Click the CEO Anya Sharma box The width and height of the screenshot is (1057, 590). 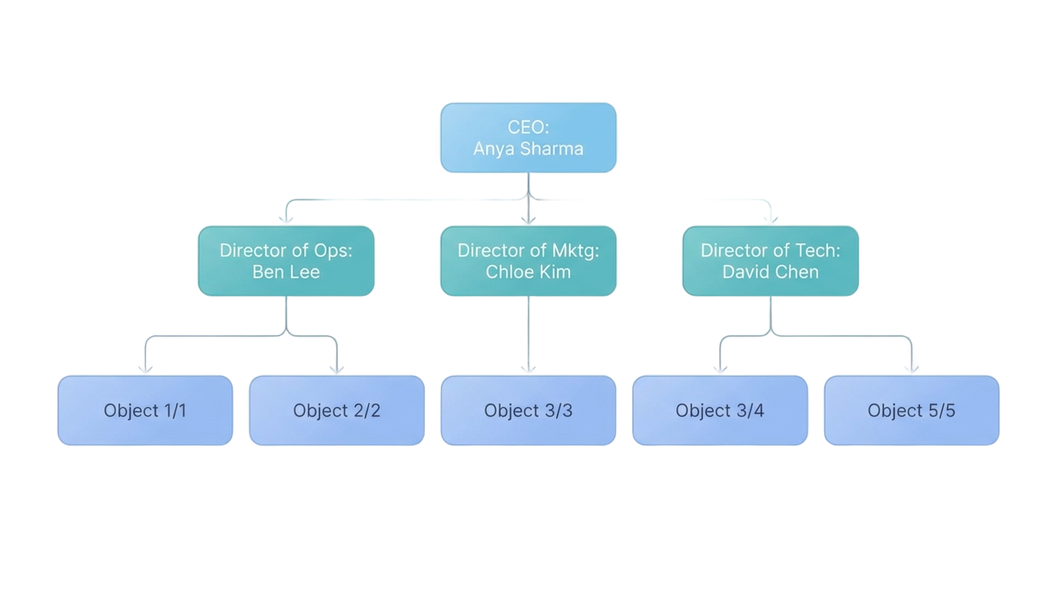[x=528, y=138]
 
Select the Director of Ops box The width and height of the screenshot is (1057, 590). [x=287, y=261]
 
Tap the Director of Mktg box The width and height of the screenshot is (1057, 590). [x=528, y=261]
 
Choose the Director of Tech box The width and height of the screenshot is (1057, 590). [x=770, y=261]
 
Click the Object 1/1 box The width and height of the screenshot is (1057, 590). [x=145, y=410]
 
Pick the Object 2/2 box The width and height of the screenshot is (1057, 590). [x=337, y=410]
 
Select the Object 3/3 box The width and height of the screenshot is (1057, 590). [x=528, y=410]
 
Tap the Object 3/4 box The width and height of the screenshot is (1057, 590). [x=720, y=410]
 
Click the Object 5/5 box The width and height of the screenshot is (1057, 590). [x=912, y=410]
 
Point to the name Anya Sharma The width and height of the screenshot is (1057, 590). [x=528, y=149]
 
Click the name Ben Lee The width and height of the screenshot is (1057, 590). [x=287, y=272]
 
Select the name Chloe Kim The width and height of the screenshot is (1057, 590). [x=528, y=272]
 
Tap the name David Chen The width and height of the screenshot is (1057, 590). [x=770, y=272]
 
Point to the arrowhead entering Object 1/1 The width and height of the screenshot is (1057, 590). [x=145, y=370]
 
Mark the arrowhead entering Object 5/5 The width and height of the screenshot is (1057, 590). [x=912, y=370]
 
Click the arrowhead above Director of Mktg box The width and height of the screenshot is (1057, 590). [x=528, y=220]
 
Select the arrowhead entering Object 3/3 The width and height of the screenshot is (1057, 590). [x=528, y=370]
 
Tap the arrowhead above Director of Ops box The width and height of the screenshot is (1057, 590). [x=287, y=220]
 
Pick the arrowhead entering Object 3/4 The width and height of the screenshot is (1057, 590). [x=720, y=370]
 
